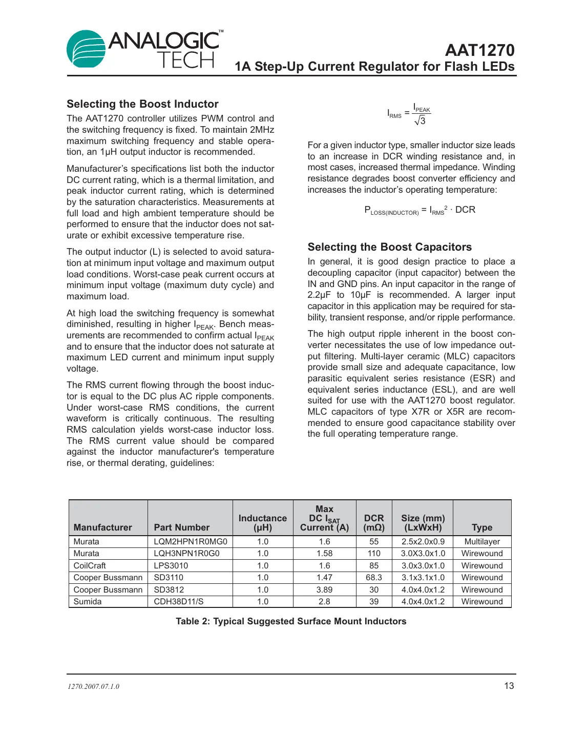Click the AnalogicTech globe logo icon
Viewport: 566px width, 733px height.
pos(86,49)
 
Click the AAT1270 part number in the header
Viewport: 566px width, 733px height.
pos(479,50)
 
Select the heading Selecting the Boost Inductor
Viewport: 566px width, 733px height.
pos(142,104)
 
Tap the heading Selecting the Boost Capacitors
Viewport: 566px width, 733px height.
pos(389,247)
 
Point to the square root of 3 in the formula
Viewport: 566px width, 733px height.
pos(421,121)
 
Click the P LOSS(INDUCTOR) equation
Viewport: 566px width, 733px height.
pos(420,210)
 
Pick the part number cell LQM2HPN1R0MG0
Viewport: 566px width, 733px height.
pos(190,542)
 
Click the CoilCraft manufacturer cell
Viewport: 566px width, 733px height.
pos(90,566)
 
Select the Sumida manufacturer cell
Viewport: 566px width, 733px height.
pos(88,602)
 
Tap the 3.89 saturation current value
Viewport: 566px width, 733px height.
pos(324,590)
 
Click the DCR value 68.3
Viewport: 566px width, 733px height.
pos(374,578)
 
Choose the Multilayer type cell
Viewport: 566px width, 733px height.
pos(482,542)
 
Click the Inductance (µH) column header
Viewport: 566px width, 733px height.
pos(263,523)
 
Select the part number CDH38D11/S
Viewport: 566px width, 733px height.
pos(179,602)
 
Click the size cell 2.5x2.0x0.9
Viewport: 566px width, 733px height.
pos(423,542)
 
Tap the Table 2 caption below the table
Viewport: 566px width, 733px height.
pos(291,621)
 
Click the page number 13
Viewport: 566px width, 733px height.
pos(509,686)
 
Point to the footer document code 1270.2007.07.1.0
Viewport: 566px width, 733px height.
pos(93,687)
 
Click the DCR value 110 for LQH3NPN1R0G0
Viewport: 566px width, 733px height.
pos(374,554)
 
